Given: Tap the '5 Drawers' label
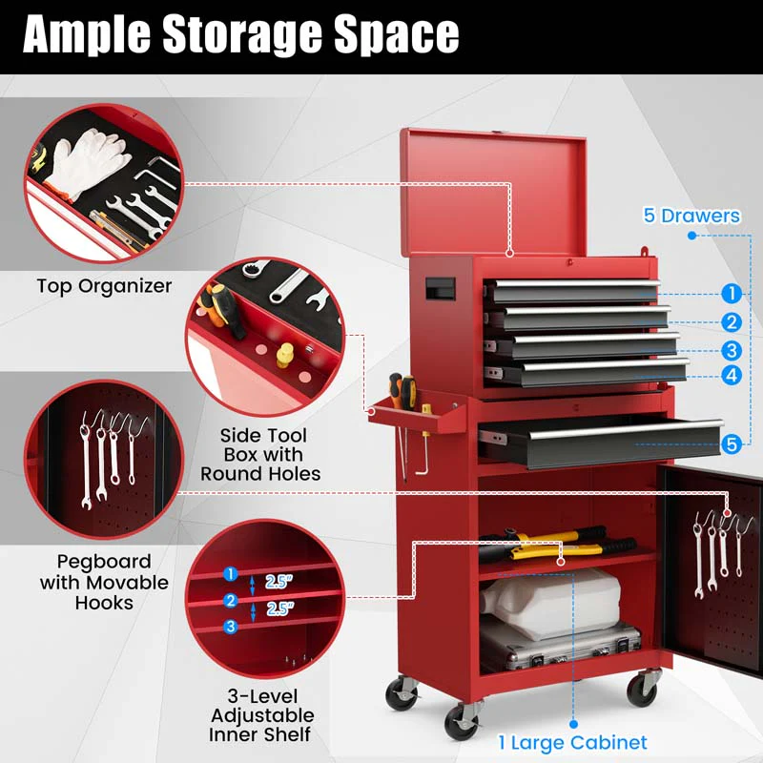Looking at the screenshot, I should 691,216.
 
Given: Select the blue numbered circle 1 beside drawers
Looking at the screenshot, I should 731,294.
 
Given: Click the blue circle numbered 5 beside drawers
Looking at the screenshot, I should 731,443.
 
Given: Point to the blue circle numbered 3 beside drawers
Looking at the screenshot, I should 731,350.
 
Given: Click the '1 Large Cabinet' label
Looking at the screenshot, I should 571,742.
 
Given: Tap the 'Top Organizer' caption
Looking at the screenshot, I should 105,286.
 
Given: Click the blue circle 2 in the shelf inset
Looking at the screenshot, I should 230,600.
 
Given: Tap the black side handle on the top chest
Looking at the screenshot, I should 439,285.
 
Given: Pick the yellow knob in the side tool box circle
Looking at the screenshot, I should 283,356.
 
